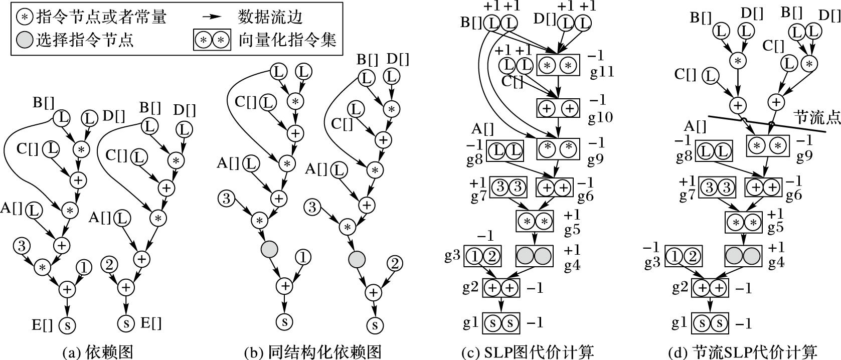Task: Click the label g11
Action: click(602, 72)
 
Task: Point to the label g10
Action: click(601, 117)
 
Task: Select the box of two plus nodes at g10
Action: click(558, 107)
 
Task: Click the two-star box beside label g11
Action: click(558, 65)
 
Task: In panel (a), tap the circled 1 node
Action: click(84, 268)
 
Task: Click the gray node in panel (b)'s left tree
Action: click(269, 249)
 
